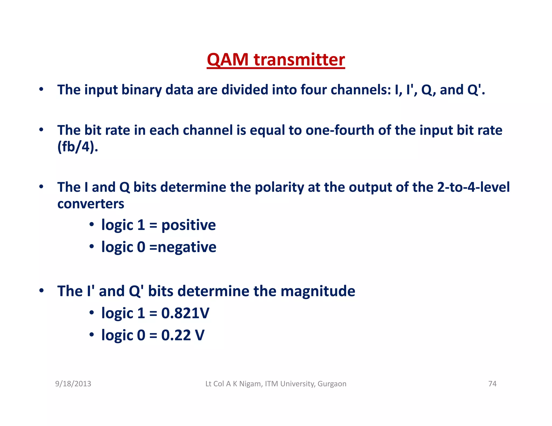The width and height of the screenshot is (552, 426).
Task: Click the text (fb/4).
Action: pos(78,147)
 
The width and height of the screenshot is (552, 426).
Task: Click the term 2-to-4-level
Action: pos(473,187)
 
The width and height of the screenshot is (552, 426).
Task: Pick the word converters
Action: pos(91,204)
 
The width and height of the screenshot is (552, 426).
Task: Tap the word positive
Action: pos(188,225)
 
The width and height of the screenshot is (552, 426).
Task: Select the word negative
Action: pos(187,247)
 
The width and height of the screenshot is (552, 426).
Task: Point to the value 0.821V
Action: pos(185,313)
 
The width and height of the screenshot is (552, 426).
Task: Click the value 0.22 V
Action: pos(183,335)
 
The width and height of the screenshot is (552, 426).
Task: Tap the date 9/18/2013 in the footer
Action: pos(73,384)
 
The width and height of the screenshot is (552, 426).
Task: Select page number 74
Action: pos(492,384)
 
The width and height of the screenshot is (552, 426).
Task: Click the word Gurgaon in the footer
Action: pos(332,384)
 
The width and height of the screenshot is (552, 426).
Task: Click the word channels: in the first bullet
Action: pos(361,90)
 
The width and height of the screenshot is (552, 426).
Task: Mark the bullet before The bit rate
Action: pos(41,130)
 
